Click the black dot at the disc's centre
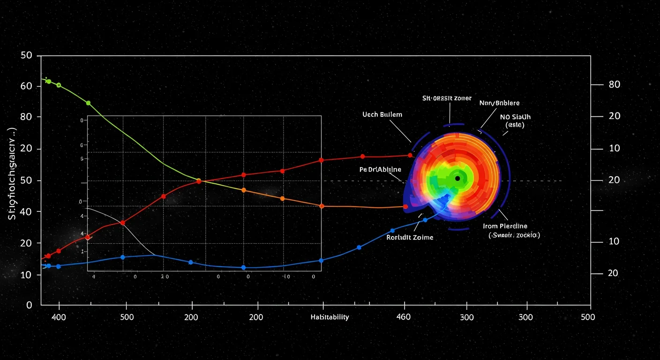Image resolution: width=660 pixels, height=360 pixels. (457, 179)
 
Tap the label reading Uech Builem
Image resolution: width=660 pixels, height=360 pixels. (382, 114)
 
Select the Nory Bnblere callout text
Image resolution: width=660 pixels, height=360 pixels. (499, 103)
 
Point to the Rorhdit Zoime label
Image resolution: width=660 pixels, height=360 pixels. (410, 237)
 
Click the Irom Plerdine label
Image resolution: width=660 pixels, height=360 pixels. (505, 226)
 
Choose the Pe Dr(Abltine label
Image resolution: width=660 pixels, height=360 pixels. (380, 169)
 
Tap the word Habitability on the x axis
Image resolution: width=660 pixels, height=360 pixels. (330, 317)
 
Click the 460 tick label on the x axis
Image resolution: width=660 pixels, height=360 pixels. (403, 317)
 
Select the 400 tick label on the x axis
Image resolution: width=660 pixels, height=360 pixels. (59, 317)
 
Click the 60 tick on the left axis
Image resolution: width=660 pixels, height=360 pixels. (27, 86)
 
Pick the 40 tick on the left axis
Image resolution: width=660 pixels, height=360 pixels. (27, 212)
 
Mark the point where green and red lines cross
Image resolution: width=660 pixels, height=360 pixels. (198, 180)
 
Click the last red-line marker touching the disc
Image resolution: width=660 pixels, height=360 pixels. (410, 155)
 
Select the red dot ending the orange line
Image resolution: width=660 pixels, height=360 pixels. (405, 206)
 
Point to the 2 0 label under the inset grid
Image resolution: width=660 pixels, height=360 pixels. (164, 277)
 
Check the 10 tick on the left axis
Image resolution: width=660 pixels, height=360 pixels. (27, 274)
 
